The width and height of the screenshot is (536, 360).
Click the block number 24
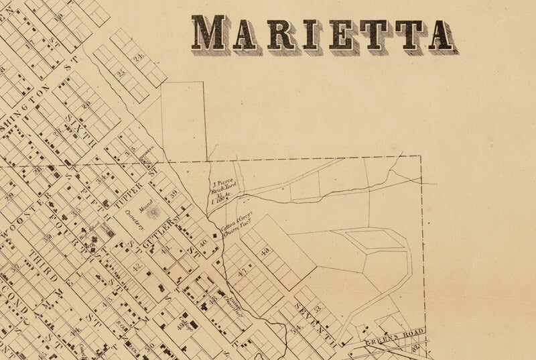pyautogui.click(x=139, y=58)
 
